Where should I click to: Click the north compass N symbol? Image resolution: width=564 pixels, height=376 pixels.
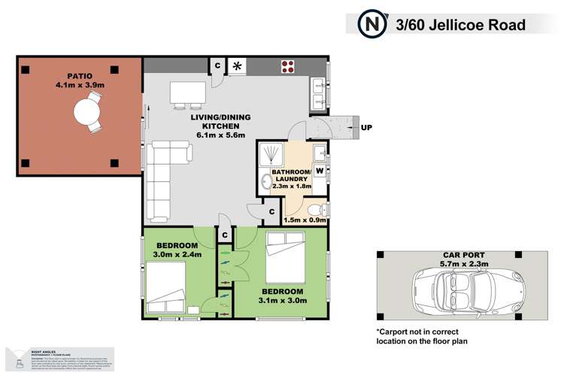click(x=371, y=23)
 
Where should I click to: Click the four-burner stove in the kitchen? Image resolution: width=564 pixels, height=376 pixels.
click(x=288, y=65)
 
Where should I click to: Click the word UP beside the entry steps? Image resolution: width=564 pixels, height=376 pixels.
click(x=367, y=127)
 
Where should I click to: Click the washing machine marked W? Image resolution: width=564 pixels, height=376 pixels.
click(x=320, y=171)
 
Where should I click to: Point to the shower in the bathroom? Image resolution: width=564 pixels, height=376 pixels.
click(x=270, y=156)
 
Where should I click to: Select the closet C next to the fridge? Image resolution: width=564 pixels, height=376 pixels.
click(x=217, y=65)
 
